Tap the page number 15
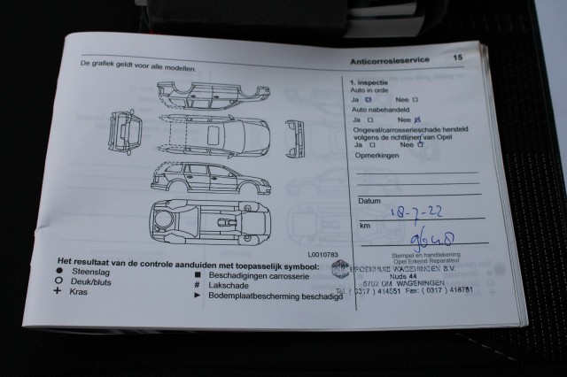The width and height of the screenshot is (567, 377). tap(458, 58)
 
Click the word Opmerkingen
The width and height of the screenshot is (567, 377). tap(376, 155)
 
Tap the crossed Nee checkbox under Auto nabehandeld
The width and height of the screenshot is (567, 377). tap(416, 119)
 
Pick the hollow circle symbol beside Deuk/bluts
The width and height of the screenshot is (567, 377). tap(58, 281)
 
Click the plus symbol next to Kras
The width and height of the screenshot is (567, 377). tap(58, 290)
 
